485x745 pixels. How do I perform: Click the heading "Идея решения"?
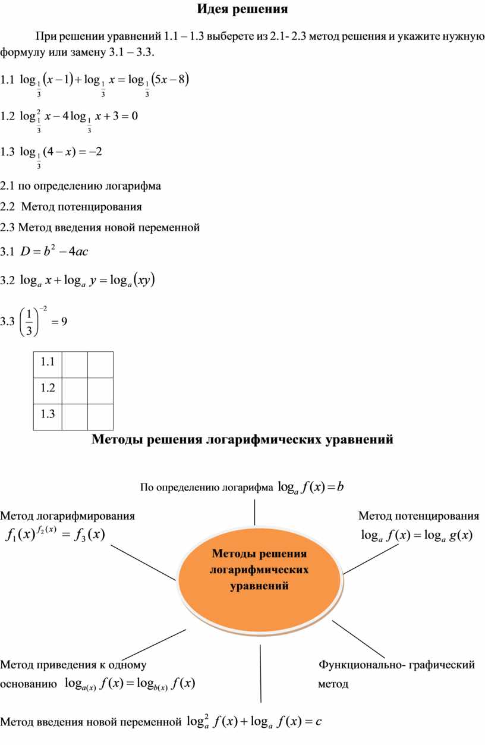[x=242, y=10]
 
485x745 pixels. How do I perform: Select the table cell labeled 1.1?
[x=48, y=361]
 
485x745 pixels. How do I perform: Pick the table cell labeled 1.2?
[x=48, y=388]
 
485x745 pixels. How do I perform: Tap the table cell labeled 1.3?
[x=48, y=415]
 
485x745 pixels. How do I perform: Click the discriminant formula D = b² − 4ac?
[x=54, y=252]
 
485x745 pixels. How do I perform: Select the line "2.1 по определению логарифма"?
[x=81, y=186]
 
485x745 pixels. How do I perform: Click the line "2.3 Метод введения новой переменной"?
[x=100, y=227]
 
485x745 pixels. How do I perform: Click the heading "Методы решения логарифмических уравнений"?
[x=242, y=440]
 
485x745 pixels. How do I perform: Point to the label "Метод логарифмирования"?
[x=68, y=515]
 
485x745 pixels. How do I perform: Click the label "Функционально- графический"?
[x=396, y=665]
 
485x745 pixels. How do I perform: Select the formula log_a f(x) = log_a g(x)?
[x=416, y=536]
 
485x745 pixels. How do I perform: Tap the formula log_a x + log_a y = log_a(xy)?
[x=89, y=280]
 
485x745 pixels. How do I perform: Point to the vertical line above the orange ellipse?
[x=254, y=512]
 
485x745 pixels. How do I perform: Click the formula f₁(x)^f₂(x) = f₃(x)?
[x=55, y=535]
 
